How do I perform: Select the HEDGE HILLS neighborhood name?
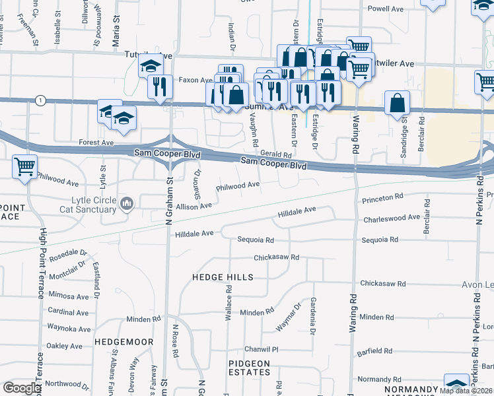[223, 277]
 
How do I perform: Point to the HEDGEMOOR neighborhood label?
[123, 342]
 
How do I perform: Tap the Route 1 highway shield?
[41, 100]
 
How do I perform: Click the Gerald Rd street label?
[275, 154]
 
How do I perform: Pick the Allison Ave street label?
[193, 206]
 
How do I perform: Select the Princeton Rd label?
[382, 197]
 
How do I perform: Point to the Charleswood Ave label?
[391, 217]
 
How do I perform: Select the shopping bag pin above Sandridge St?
[397, 103]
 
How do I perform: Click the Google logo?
[22, 388]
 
